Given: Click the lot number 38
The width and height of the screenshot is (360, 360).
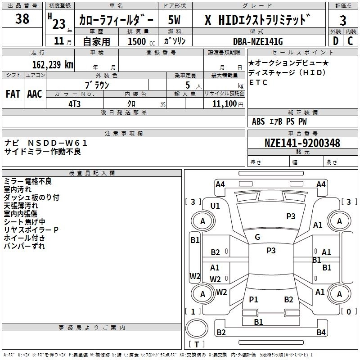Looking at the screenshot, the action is coord(22,19).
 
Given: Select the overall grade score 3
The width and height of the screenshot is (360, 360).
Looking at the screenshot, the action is coord(343,20).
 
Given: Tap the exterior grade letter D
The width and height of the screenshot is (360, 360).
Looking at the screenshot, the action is coord(336,41).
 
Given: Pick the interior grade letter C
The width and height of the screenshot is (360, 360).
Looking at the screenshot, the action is coord(350,41).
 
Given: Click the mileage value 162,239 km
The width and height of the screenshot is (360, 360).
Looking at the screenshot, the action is coord(53,64).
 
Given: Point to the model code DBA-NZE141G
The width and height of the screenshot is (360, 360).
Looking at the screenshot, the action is coord(258,41).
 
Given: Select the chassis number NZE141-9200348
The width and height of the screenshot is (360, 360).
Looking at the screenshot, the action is coord(302,143).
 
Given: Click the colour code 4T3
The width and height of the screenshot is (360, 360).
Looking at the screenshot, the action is coord(74,104).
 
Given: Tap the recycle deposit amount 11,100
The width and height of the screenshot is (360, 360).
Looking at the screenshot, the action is coord(225,103).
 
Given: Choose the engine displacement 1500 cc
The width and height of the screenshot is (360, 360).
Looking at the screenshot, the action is coord(141,41).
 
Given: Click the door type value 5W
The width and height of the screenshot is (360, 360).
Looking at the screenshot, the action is coord(174,20).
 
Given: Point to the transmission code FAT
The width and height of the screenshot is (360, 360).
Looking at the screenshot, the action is coord(13,94).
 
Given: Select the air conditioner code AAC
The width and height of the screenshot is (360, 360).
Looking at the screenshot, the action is coord(35,94).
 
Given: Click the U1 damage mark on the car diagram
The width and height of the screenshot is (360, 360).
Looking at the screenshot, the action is coord(215,206).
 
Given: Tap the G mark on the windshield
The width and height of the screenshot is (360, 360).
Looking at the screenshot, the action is coord(257,237).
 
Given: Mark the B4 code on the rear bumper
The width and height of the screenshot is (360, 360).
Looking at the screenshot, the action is coord(321,332).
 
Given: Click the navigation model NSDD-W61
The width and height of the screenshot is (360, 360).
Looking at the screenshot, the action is coord(58,143).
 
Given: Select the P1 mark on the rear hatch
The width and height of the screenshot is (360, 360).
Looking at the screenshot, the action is coord(253,299).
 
